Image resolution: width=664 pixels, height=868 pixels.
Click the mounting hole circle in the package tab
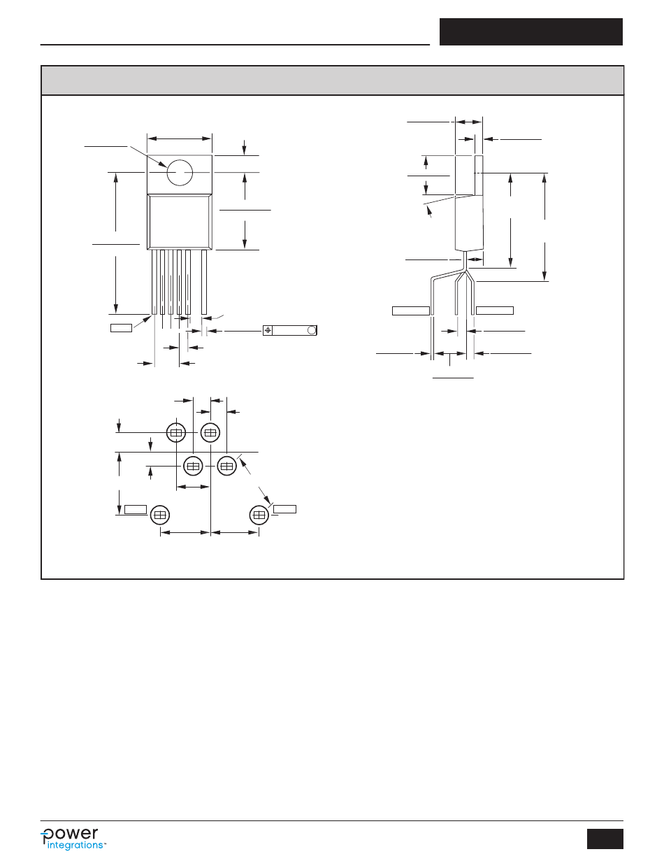179,172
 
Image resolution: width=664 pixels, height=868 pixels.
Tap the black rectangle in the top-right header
531,32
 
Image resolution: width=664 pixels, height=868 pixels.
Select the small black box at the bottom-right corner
605,838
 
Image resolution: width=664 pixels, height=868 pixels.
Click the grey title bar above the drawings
332,80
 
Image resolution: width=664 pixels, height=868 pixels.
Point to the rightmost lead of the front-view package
204,282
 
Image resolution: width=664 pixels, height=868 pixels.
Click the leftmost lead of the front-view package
154,282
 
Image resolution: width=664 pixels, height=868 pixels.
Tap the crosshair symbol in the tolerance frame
268,330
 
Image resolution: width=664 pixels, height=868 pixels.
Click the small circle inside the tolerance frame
312,330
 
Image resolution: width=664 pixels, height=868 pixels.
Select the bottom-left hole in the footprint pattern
160,515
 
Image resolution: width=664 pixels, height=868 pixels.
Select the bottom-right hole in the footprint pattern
259,515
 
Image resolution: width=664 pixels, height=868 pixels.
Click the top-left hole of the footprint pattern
176,433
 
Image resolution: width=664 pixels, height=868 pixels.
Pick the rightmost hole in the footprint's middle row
226,465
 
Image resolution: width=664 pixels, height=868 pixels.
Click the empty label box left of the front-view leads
121,327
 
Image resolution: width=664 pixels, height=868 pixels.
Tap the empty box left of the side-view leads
410,310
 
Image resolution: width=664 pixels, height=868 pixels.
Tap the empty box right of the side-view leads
494,310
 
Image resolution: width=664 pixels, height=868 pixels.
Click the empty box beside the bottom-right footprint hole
284,508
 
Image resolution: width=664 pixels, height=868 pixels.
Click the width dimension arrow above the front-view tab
179,138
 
